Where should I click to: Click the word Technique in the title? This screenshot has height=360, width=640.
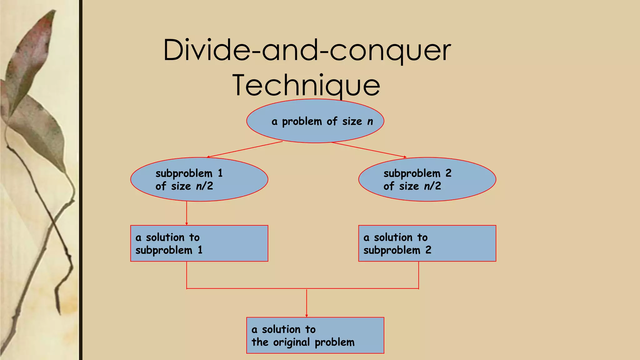[306, 85]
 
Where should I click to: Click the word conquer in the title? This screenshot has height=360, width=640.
[390, 50]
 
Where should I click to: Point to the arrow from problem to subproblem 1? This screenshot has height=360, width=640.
[245, 149]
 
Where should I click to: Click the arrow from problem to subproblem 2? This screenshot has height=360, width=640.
[369, 149]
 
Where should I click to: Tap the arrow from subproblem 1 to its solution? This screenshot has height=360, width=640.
[187, 213]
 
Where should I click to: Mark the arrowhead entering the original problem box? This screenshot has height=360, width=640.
[307, 315]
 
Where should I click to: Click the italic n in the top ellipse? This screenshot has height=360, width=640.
[370, 122]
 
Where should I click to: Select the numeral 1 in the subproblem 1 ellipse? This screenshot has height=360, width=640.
[220, 173]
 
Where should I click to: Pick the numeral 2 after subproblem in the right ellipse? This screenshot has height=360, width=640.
[448, 173]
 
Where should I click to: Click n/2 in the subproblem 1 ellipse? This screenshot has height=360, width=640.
[204, 186]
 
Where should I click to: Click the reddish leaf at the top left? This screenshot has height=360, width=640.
[34, 47]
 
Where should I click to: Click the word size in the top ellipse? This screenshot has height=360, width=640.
[352, 121]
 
